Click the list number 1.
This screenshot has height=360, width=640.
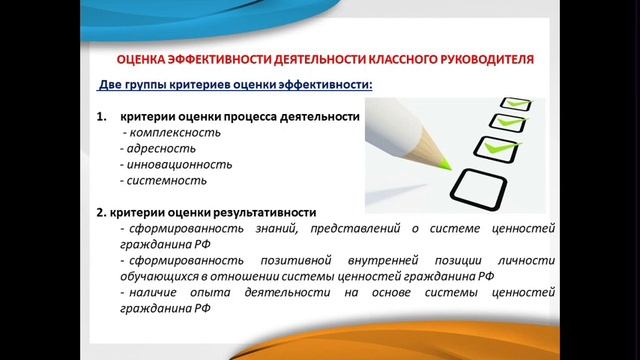tap(102, 117)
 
